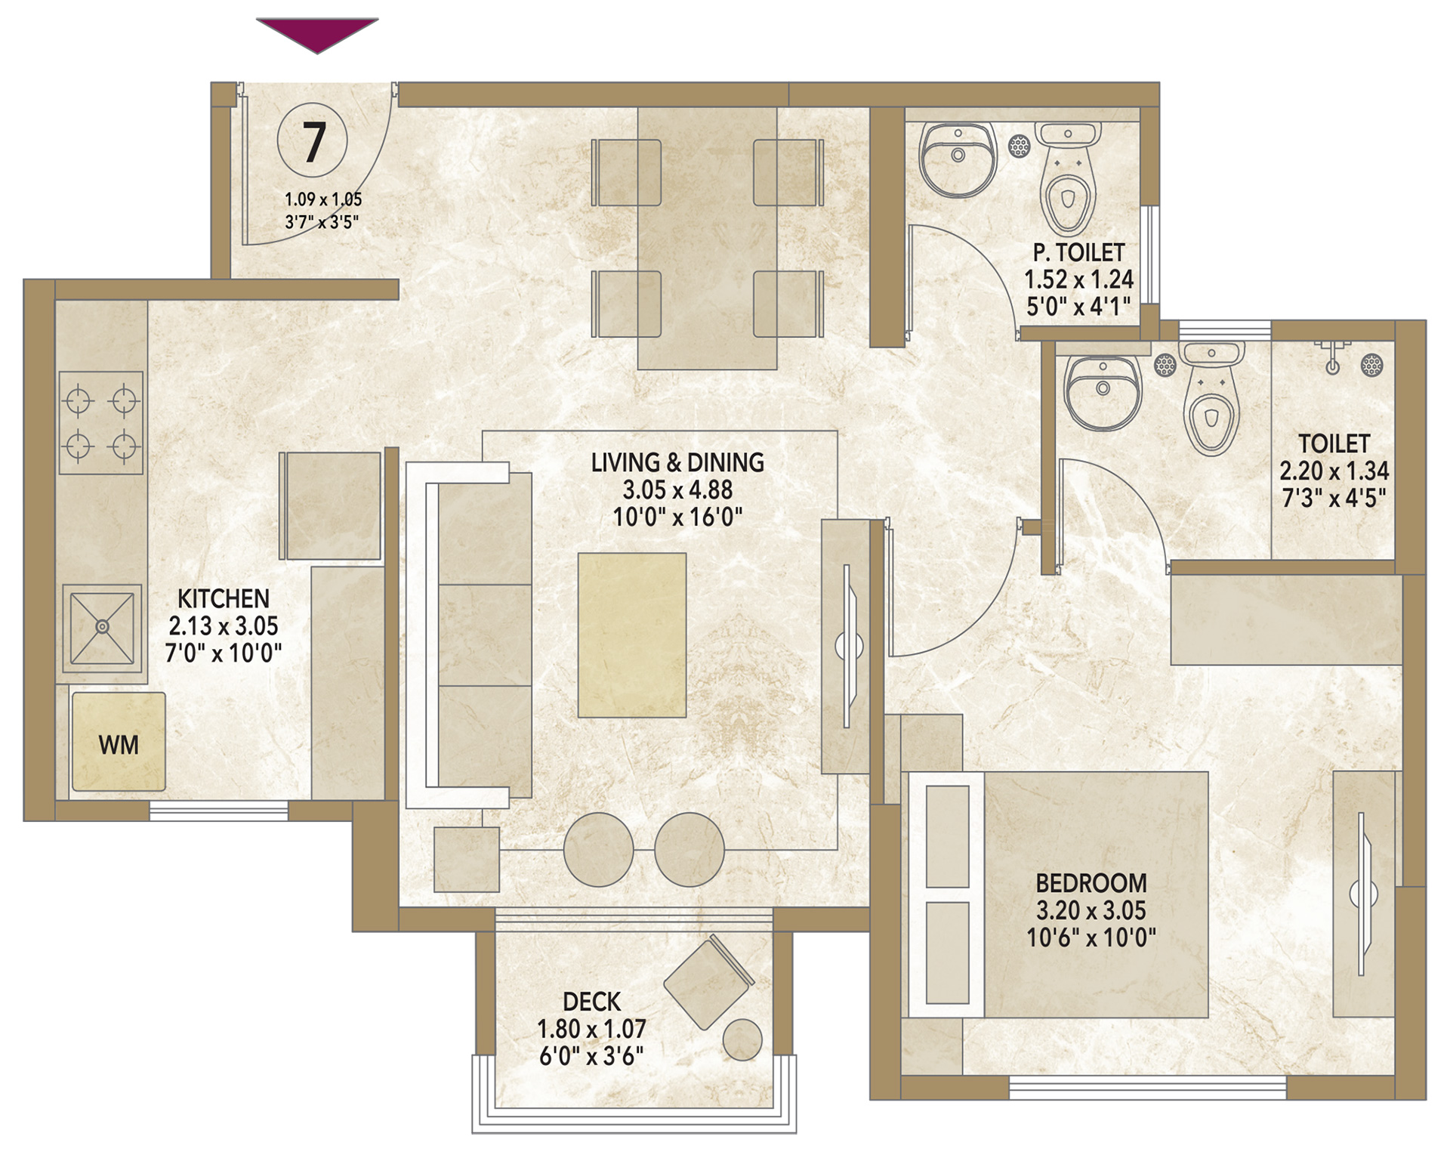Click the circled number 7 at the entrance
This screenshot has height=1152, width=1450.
point(313,141)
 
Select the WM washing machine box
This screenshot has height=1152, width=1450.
point(119,742)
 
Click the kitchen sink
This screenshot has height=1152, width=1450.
point(102,627)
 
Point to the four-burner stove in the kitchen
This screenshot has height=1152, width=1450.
point(101,422)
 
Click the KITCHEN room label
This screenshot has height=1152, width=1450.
point(224,599)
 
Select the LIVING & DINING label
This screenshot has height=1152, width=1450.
point(677,462)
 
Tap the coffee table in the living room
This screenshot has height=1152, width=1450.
point(632,635)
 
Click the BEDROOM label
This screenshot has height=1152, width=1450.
point(1091,883)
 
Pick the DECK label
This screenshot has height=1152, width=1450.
point(592,1002)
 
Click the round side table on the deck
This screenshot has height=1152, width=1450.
point(742,1039)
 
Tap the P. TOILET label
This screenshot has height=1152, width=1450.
point(1079,252)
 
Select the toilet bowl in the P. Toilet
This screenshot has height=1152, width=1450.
point(1066,178)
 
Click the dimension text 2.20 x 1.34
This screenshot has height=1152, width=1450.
point(1334,471)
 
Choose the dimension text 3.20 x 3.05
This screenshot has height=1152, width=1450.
point(1091,910)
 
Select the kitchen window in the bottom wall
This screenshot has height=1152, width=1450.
point(219,811)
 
